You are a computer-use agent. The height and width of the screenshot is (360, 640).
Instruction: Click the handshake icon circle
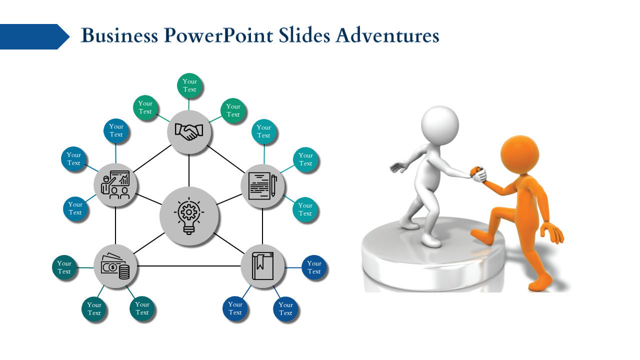tap(189, 132)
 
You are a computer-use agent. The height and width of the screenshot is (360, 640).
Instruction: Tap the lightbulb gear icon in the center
tap(189, 216)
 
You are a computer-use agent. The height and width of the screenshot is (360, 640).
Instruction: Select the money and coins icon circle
tap(115, 266)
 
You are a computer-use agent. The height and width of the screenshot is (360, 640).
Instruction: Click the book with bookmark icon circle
tap(262, 266)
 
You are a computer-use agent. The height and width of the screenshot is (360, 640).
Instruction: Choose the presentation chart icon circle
tap(115, 185)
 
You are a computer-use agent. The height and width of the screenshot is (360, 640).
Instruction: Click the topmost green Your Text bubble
tap(189, 85)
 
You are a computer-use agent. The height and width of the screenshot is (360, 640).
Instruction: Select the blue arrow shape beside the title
tap(33, 36)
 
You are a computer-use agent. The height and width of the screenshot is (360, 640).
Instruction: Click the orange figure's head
tap(519, 154)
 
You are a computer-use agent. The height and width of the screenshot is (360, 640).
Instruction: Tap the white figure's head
tap(439, 124)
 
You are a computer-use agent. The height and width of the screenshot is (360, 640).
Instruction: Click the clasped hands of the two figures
tap(478, 174)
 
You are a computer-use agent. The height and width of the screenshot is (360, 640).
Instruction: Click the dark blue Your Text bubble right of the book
tap(314, 267)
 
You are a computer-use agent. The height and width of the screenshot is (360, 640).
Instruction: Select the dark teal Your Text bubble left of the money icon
tap(64, 267)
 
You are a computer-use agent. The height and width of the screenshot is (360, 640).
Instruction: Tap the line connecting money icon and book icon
tap(189, 266)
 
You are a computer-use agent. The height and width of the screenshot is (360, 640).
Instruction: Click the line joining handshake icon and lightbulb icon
tap(189, 170)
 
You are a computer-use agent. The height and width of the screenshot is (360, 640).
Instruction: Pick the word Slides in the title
tap(304, 36)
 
